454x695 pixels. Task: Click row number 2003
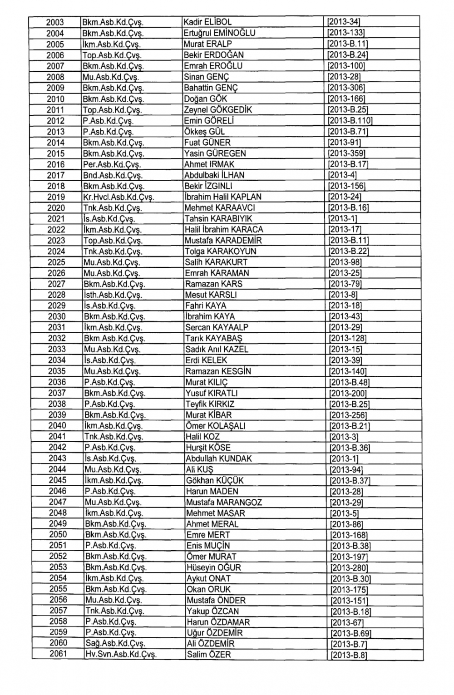click(x=55, y=22)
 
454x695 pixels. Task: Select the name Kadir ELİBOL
click(x=207, y=22)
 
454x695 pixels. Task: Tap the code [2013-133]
click(x=346, y=33)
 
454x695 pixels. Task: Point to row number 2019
click(x=56, y=197)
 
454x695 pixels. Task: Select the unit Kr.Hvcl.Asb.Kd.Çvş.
click(x=118, y=197)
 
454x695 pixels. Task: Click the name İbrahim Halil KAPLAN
click(x=223, y=197)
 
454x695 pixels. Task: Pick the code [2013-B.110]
click(x=350, y=121)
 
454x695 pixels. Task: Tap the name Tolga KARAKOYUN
click(x=221, y=251)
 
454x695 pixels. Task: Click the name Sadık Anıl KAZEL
click(x=217, y=350)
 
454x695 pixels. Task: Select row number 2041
click(x=57, y=437)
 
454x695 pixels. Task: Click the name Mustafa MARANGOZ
click(x=224, y=502)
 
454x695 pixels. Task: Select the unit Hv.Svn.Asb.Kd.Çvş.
click(x=121, y=655)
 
